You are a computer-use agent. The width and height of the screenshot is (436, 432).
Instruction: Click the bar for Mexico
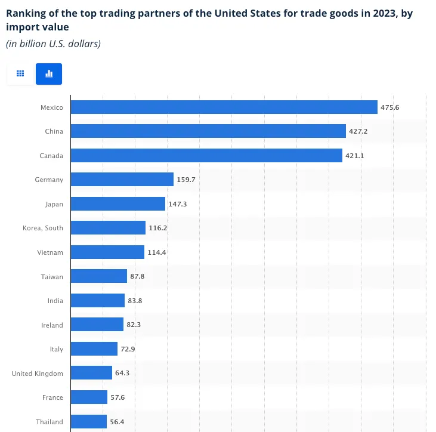coord(224,107)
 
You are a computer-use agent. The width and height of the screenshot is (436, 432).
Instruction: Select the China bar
coord(208,131)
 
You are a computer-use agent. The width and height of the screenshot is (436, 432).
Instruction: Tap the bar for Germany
coord(122,180)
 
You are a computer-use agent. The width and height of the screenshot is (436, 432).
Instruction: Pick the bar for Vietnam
coord(107,252)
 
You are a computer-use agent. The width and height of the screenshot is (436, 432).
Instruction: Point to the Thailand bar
coord(88,422)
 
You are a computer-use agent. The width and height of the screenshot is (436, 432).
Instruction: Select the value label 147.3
coord(178,204)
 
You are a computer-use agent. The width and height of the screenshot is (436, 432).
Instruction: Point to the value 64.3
coord(123,374)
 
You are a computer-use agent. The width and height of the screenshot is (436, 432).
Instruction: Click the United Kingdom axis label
coord(37,374)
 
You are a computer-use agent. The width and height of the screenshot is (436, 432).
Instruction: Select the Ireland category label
coord(53,325)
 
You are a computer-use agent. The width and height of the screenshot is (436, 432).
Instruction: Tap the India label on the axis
coord(55,301)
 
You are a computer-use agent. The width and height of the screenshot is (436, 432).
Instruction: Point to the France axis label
coord(53,397)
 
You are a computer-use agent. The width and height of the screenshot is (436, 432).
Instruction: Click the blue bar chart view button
coord(49,74)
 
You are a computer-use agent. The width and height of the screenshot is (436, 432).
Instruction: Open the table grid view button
coord(20,74)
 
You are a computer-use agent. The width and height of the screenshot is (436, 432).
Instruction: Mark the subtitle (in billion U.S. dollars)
coord(53,43)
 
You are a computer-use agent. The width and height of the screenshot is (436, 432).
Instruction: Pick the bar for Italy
coord(94,349)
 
